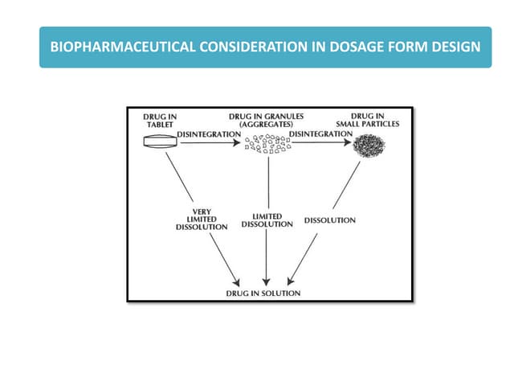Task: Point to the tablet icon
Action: click(x=160, y=142)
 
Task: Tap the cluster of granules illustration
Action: click(x=267, y=145)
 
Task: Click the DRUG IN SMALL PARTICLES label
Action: click(x=369, y=121)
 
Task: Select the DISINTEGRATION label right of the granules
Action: click(x=320, y=133)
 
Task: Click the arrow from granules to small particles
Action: click(x=321, y=143)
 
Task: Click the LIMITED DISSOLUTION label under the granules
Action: click(x=267, y=220)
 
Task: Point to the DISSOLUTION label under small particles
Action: click(x=330, y=220)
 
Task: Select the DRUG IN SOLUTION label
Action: click(x=263, y=294)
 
